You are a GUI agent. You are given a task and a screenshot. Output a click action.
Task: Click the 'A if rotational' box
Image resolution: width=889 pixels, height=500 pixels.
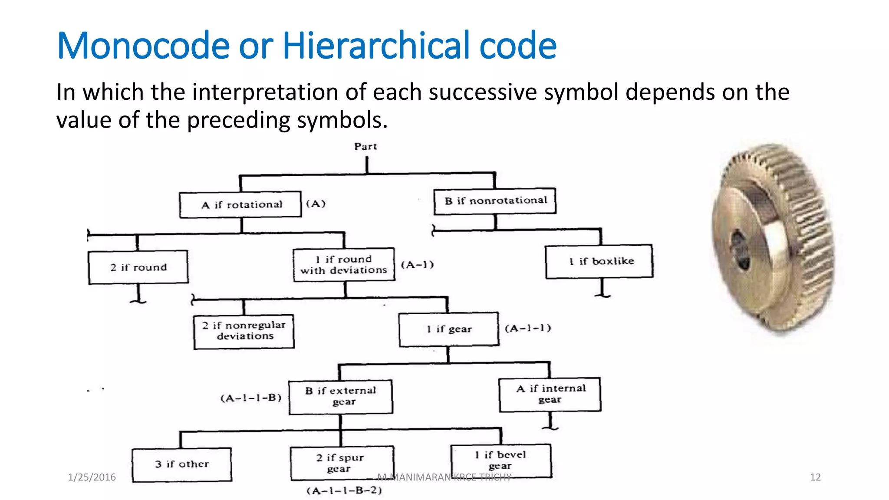240,204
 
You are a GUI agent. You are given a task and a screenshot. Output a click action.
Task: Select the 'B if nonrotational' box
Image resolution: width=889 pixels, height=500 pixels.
495,201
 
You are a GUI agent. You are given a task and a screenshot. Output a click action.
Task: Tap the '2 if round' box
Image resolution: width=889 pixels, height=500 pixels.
138,267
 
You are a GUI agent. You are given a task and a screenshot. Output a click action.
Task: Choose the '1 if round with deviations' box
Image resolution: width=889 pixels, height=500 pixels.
344,265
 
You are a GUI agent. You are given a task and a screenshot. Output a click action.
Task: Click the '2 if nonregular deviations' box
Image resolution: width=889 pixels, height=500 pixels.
244,331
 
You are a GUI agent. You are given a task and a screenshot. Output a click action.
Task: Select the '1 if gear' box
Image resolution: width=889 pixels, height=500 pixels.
449,329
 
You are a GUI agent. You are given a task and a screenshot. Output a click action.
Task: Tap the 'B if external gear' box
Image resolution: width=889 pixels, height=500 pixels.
341,396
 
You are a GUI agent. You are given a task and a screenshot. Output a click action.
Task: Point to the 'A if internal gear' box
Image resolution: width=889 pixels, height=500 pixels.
550,394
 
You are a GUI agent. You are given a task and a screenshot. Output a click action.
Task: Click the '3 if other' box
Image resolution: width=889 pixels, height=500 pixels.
182,464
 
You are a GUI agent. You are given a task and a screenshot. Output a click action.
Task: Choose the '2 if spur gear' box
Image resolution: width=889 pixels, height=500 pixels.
342,463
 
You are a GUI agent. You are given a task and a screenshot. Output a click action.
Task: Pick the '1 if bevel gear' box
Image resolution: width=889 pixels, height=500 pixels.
501,461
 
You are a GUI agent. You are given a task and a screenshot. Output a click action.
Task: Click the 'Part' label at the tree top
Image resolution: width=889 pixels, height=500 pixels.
365,147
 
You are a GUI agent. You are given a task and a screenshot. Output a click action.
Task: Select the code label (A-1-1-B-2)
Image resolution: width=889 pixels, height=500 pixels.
344,491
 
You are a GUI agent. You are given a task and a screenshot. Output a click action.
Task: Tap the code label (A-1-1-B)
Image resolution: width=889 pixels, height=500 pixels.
251,398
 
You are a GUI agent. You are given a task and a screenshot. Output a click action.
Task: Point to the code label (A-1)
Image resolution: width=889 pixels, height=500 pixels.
417,265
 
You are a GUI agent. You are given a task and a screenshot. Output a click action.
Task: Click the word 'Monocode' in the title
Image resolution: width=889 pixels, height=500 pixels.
143,46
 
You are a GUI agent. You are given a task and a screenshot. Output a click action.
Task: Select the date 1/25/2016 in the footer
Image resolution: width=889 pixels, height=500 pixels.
92,477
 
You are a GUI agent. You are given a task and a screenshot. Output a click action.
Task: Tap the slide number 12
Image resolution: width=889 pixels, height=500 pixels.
815,477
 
